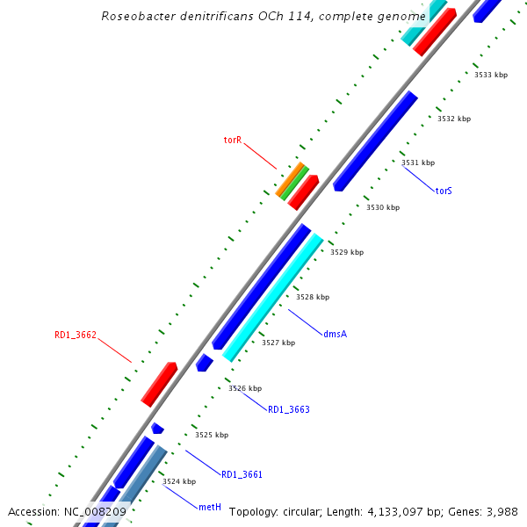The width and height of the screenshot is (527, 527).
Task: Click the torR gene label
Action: tap(232, 140)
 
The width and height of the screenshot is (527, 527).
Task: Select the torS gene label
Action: tap(444, 191)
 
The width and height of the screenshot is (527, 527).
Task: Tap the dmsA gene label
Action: tap(335, 334)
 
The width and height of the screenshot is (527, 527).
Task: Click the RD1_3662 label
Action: tap(76, 335)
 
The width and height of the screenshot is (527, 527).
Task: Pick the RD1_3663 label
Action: tap(289, 409)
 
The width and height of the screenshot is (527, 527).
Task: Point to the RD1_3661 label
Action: tap(242, 474)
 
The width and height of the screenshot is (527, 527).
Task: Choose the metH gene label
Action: tap(209, 508)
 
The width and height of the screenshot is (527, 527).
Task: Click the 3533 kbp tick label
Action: tap(491, 75)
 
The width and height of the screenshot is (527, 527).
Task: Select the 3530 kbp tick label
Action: tap(383, 207)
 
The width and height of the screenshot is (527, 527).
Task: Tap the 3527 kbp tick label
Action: tap(278, 343)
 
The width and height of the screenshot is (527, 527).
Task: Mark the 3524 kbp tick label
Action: tap(179, 481)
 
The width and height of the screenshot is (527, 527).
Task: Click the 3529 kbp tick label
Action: tap(347, 252)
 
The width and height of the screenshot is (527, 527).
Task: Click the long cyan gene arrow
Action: tap(273, 299)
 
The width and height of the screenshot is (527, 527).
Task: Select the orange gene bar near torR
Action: tap(290, 179)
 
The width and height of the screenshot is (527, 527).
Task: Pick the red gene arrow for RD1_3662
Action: tap(159, 385)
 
